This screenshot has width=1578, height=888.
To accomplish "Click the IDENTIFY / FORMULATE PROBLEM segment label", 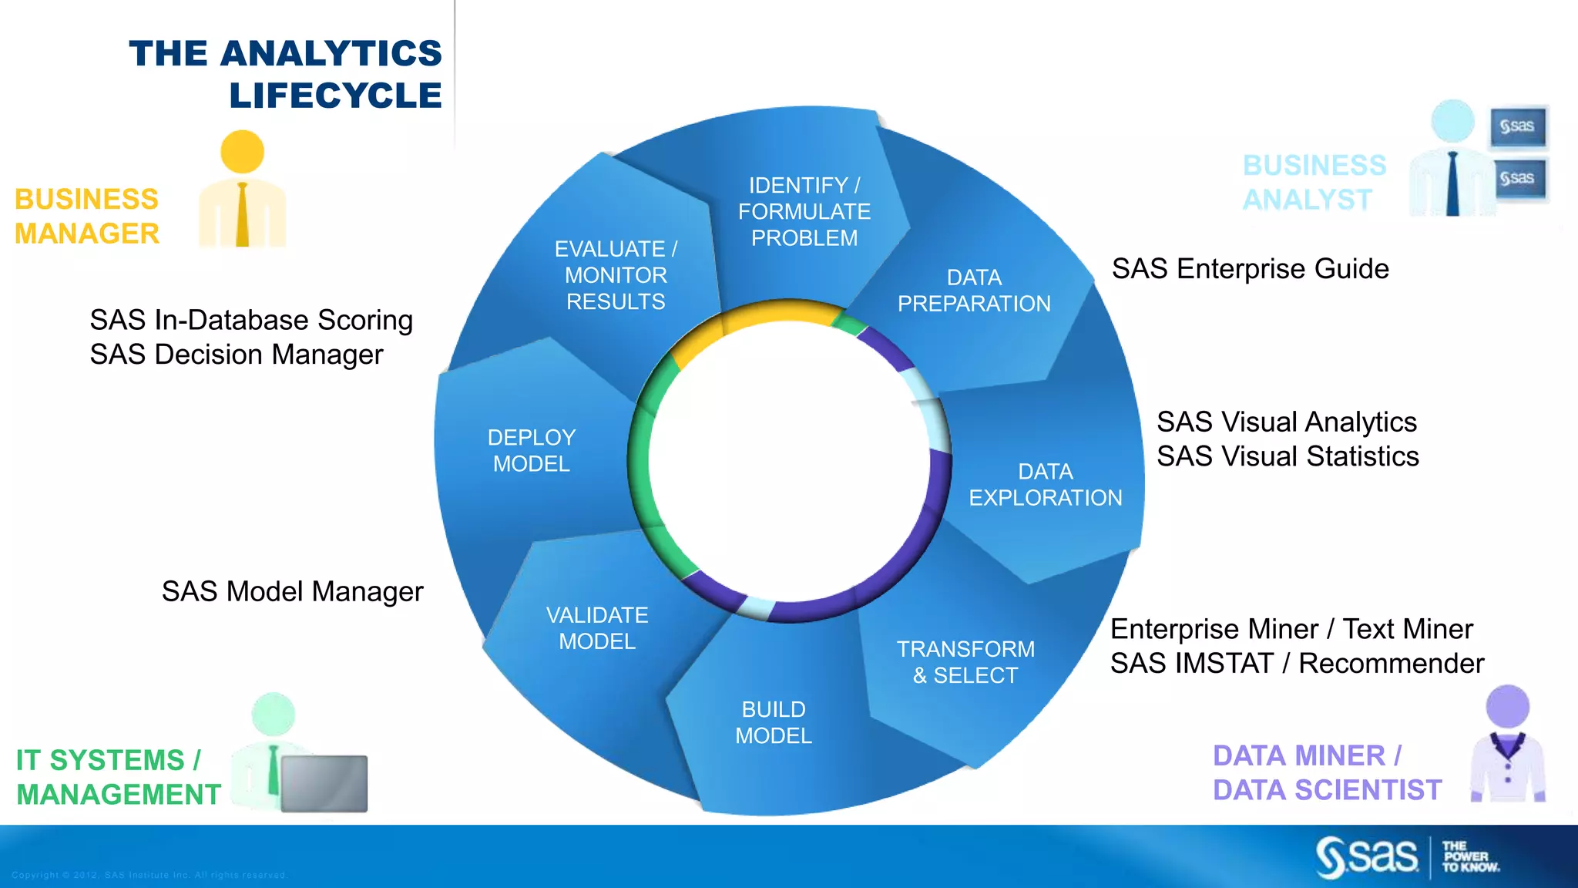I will pyautogui.click(x=804, y=211).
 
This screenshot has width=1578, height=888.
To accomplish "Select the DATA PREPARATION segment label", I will pyautogui.click(x=974, y=291).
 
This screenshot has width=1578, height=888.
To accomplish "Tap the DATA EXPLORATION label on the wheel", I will pyautogui.click(x=1045, y=484).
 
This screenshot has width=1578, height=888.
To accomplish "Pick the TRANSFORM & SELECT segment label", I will pyautogui.click(x=965, y=662).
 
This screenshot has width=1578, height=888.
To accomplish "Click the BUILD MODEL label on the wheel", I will pyautogui.click(x=774, y=722).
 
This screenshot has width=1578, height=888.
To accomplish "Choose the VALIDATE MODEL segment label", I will pyautogui.click(x=597, y=628).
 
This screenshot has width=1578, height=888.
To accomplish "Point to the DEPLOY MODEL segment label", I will pyautogui.click(x=532, y=450).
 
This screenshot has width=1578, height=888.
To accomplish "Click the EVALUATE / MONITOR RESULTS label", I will pyautogui.click(x=616, y=275).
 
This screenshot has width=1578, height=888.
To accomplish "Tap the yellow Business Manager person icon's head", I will pyautogui.click(x=242, y=152).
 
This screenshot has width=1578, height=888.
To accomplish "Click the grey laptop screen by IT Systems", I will pyautogui.click(x=324, y=783).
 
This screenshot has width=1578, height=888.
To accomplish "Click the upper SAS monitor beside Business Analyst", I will pyautogui.click(x=1518, y=126).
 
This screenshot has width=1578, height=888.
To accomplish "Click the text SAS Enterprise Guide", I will pyautogui.click(x=1250, y=269).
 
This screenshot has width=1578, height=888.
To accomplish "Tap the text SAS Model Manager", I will pyautogui.click(x=292, y=591).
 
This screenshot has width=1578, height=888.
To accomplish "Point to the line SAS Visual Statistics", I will pyautogui.click(x=1288, y=456).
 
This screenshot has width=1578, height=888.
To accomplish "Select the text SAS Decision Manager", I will pyautogui.click(x=236, y=355).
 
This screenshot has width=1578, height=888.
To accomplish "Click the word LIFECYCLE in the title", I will pyautogui.click(x=335, y=96).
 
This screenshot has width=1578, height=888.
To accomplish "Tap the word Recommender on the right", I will pyautogui.click(x=1391, y=664).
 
